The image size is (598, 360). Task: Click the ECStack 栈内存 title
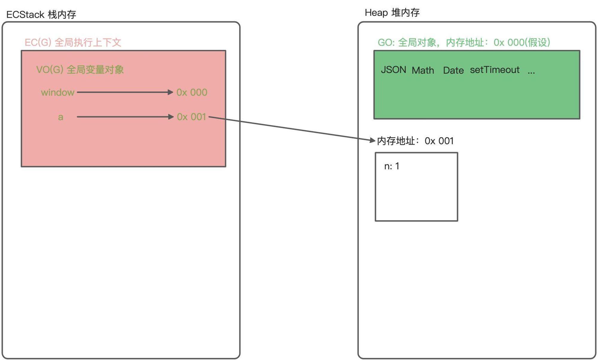coord(41,14)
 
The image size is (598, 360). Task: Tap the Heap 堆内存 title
coord(392,13)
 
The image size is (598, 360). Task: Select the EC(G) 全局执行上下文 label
coord(73,42)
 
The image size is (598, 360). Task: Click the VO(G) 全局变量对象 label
coord(80,70)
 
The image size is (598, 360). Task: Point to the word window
coord(57,92)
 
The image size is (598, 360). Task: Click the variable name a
coord(61,117)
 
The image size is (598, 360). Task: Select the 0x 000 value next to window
coord(192,92)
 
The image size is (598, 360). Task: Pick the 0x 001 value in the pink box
coord(192,117)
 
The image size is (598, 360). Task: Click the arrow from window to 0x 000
coord(125,92)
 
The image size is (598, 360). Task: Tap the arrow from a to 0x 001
coord(125,117)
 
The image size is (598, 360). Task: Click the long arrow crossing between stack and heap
coord(292,129)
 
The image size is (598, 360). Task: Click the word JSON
coord(393,70)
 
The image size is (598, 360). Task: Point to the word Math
coord(423,70)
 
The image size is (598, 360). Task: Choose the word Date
coord(453,70)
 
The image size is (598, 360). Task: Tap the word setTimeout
coord(495,70)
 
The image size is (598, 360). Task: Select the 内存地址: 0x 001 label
coord(415,141)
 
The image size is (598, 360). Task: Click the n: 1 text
coord(392,166)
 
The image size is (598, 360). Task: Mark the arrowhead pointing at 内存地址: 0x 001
coord(373,140)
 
